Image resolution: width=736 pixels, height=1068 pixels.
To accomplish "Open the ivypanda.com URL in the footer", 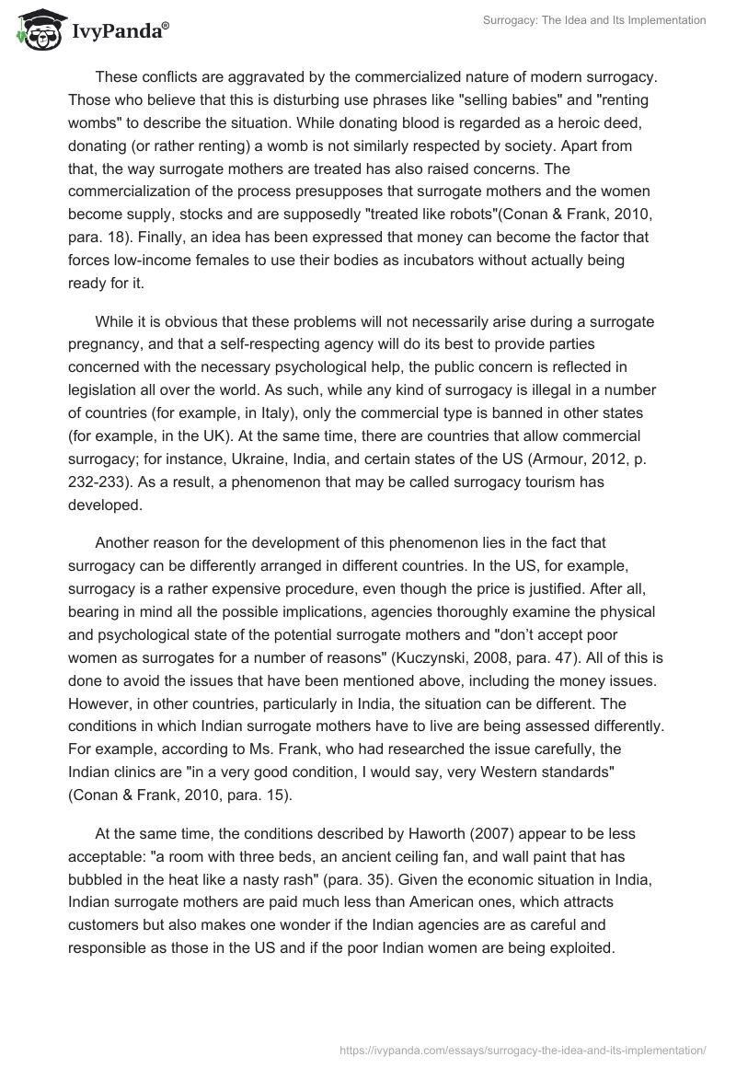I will coord(523,1049).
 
